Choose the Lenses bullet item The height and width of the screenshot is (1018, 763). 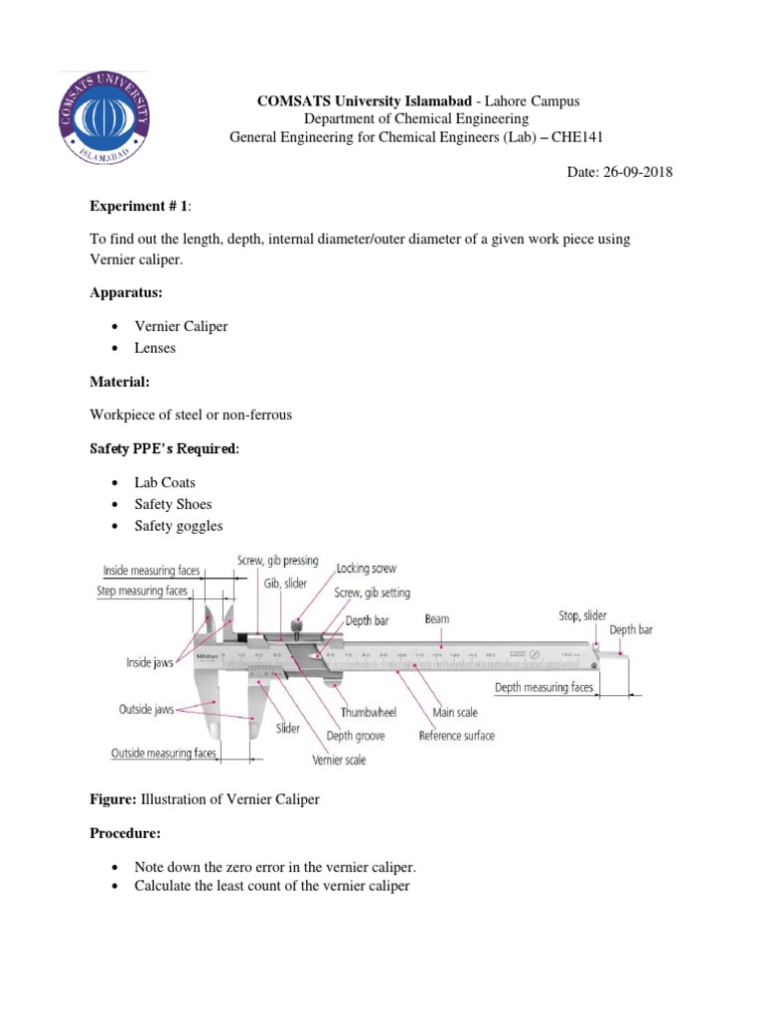click(159, 348)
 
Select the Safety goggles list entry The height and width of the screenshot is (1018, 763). click(179, 525)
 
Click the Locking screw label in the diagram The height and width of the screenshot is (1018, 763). click(366, 569)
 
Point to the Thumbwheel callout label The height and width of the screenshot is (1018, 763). click(369, 713)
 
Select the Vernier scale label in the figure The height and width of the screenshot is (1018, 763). click(339, 760)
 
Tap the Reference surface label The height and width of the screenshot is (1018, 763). click(456, 736)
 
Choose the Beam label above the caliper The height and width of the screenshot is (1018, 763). click(437, 618)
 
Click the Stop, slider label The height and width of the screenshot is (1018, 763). click(582, 616)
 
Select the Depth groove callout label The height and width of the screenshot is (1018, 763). click(356, 736)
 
